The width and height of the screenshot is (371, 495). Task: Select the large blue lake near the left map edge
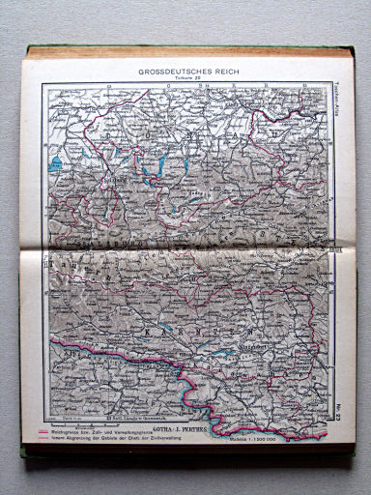(56, 163)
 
